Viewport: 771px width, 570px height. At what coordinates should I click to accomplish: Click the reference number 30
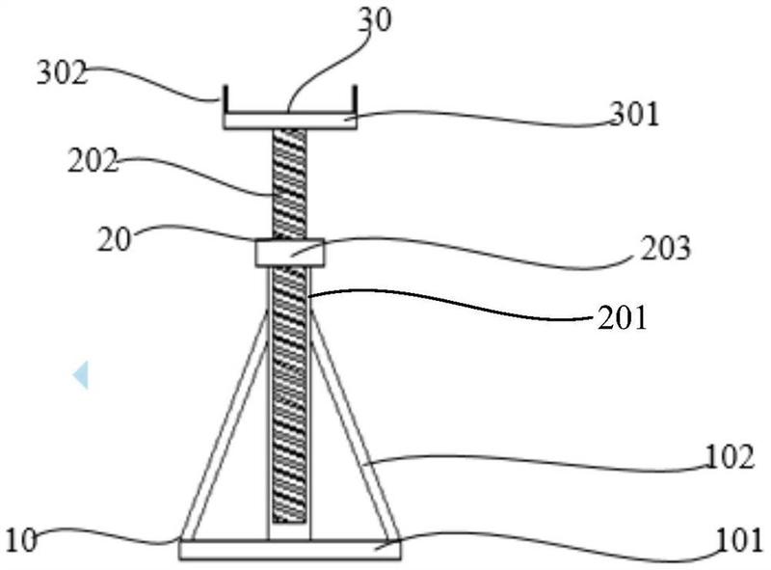click(x=375, y=21)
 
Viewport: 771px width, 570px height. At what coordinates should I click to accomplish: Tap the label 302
click(x=62, y=73)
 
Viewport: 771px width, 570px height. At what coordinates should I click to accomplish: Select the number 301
click(x=634, y=114)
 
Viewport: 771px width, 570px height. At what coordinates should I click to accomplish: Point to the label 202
click(x=93, y=160)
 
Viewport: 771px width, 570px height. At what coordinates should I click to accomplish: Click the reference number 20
click(x=115, y=240)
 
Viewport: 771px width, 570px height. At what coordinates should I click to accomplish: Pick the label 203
click(x=665, y=248)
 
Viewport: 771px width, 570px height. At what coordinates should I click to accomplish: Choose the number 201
click(x=622, y=317)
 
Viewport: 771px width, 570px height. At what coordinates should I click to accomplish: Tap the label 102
click(x=730, y=457)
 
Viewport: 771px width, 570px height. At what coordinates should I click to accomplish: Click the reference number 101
click(x=740, y=540)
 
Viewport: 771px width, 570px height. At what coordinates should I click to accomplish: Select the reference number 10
click(x=21, y=540)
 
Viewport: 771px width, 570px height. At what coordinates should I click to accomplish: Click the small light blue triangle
click(x=81, y=375)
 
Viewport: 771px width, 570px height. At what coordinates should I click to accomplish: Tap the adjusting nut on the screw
click(x=290, y=253)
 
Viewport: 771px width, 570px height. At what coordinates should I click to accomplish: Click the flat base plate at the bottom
click(x=290, y=550)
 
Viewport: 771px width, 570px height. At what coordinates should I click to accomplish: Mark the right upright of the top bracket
click(x=355, y=100)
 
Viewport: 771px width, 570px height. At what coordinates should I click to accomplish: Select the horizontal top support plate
click(x=290, y=122)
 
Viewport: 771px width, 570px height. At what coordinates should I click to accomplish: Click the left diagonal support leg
click(x=226, y=424)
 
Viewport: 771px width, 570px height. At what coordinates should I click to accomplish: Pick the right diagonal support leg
click(x=355, y=424)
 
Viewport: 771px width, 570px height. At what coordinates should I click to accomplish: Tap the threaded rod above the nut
click(x=289, y=184)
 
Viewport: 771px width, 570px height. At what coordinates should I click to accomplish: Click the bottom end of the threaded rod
click(x=289, y=522)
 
